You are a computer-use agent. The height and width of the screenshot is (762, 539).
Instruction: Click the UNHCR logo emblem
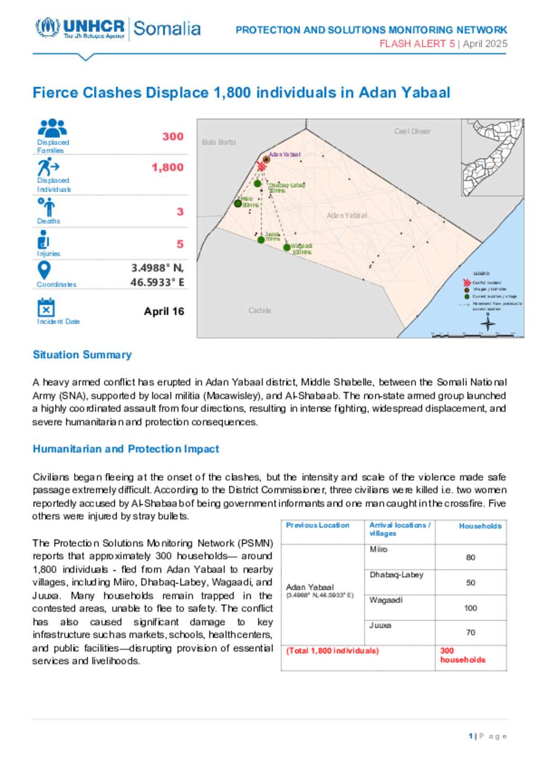click(47, 27)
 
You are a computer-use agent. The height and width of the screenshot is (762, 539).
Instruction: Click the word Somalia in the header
click(167, 28)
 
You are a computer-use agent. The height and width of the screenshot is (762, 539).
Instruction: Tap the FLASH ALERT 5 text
click(417, 44)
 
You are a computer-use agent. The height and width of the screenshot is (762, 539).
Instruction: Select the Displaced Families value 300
click(173, 137)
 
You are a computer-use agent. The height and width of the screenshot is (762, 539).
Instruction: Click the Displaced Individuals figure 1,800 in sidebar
click(167, 168)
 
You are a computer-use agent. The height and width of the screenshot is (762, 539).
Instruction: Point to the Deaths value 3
click(180, 212)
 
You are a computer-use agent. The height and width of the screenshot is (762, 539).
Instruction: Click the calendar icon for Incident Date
click(46, 308)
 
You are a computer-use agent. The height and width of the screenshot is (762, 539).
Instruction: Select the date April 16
click(164, 311)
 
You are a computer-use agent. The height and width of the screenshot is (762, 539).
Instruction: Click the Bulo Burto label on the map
click(218, 142)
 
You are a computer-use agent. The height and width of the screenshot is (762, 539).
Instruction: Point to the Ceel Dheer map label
click(412, 131)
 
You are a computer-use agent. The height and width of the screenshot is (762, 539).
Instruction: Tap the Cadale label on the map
click(259, 311)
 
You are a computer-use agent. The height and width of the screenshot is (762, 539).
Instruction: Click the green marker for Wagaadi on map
click(287, 247)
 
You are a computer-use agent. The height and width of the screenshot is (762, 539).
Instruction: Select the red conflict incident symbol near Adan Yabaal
click(261, 167)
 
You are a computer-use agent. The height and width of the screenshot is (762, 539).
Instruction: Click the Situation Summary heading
click(82, 355)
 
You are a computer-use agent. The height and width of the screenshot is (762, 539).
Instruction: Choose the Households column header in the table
click(480, 526)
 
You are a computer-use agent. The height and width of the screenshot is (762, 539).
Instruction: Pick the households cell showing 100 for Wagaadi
click(471, 608)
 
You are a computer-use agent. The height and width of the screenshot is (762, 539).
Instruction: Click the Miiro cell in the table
click(378, 550)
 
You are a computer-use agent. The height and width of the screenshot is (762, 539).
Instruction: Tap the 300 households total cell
click(463, 655)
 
